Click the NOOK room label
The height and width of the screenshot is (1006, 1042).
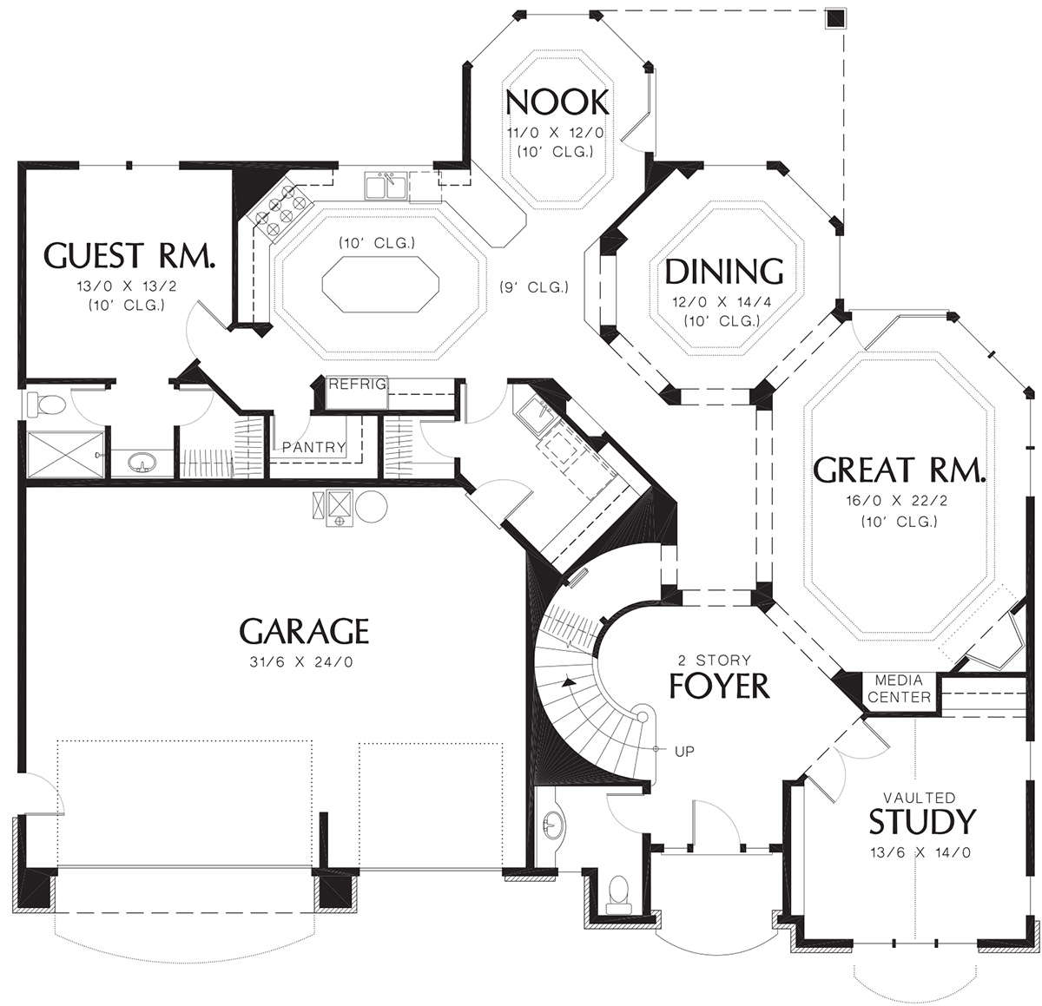pos(557,102)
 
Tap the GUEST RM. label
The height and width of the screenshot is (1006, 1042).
pos(129,255)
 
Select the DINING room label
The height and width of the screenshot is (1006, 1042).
pos(724,272)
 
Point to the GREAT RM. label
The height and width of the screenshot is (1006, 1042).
pos(899,470)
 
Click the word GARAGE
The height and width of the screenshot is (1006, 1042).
pos(304,630)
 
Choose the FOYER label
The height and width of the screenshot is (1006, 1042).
pos(719,686)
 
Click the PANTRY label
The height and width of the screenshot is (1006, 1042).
pos(313,447)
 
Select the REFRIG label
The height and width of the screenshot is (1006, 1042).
pos(357,384)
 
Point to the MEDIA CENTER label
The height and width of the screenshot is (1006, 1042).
pos(899,688)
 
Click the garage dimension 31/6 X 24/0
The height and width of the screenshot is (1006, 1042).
pos(301,662)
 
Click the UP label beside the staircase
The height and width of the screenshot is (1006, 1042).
pos(684,752)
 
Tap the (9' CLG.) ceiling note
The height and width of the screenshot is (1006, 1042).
pos(534,287)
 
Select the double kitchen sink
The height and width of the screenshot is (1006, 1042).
pos(386,185)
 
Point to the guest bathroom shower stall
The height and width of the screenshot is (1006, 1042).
pos(65,454)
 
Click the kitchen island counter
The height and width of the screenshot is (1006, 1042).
pos(380,284)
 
